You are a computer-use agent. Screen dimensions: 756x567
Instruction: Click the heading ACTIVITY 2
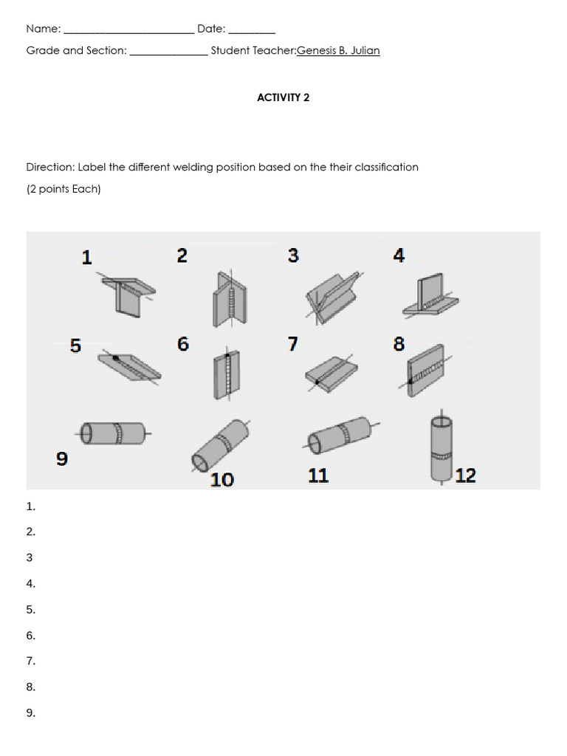coord(283,97)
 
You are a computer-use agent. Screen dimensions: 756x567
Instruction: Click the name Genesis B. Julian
coord(338,51)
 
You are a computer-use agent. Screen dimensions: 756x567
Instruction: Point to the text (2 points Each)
coord(63,189)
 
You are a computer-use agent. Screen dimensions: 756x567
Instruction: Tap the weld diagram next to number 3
coord(332,295)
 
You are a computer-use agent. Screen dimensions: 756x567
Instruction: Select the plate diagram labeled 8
coord(427,371)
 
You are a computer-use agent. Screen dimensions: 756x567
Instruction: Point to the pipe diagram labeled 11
coord(342,436)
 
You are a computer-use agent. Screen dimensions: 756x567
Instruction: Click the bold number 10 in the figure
coord(221,480)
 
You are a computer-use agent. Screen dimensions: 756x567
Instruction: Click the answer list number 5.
coord(30,610)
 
